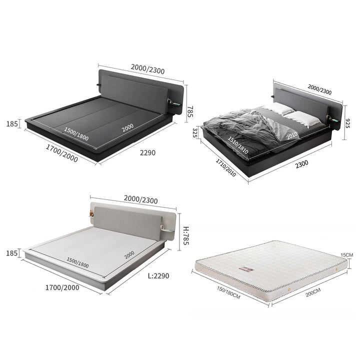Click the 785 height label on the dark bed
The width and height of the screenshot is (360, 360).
click(x=190, y=111)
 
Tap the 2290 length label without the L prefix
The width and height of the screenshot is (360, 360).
click(x=147, y=152)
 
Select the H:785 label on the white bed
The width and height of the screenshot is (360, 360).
click(x=185, y=236)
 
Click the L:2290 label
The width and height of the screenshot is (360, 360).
click(x=158, y=275)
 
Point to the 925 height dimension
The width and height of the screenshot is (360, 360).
click(x=347, y=123)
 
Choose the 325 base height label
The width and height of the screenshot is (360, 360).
click(x=195, y=133)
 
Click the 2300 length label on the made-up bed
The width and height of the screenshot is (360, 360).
click(x=301, y=164)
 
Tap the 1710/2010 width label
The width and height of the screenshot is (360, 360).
click(x=225, y=168)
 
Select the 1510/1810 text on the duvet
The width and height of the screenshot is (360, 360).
click(x=237, y=145)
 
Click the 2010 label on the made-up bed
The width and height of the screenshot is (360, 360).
click(x=292, y=135)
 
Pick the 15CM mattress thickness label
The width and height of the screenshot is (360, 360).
click(x=346, y=255)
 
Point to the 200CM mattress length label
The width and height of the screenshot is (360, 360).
click(x=313, y=292)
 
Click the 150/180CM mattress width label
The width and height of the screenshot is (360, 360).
click(x=228, y=292)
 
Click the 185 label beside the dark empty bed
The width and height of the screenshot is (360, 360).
click(x=12, y=124)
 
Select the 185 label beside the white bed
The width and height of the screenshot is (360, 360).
click(x=12, y=253)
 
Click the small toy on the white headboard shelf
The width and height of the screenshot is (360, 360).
click(x=91, y=213)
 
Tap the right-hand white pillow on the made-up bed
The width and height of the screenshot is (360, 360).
click(x=302, y=118)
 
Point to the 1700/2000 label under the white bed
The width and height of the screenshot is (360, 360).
click(x=62, y=287)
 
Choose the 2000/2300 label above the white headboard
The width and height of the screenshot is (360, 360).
click(x=140, y=199)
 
